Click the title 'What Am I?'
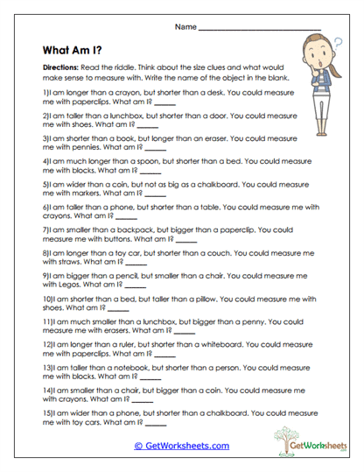(76, 50)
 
